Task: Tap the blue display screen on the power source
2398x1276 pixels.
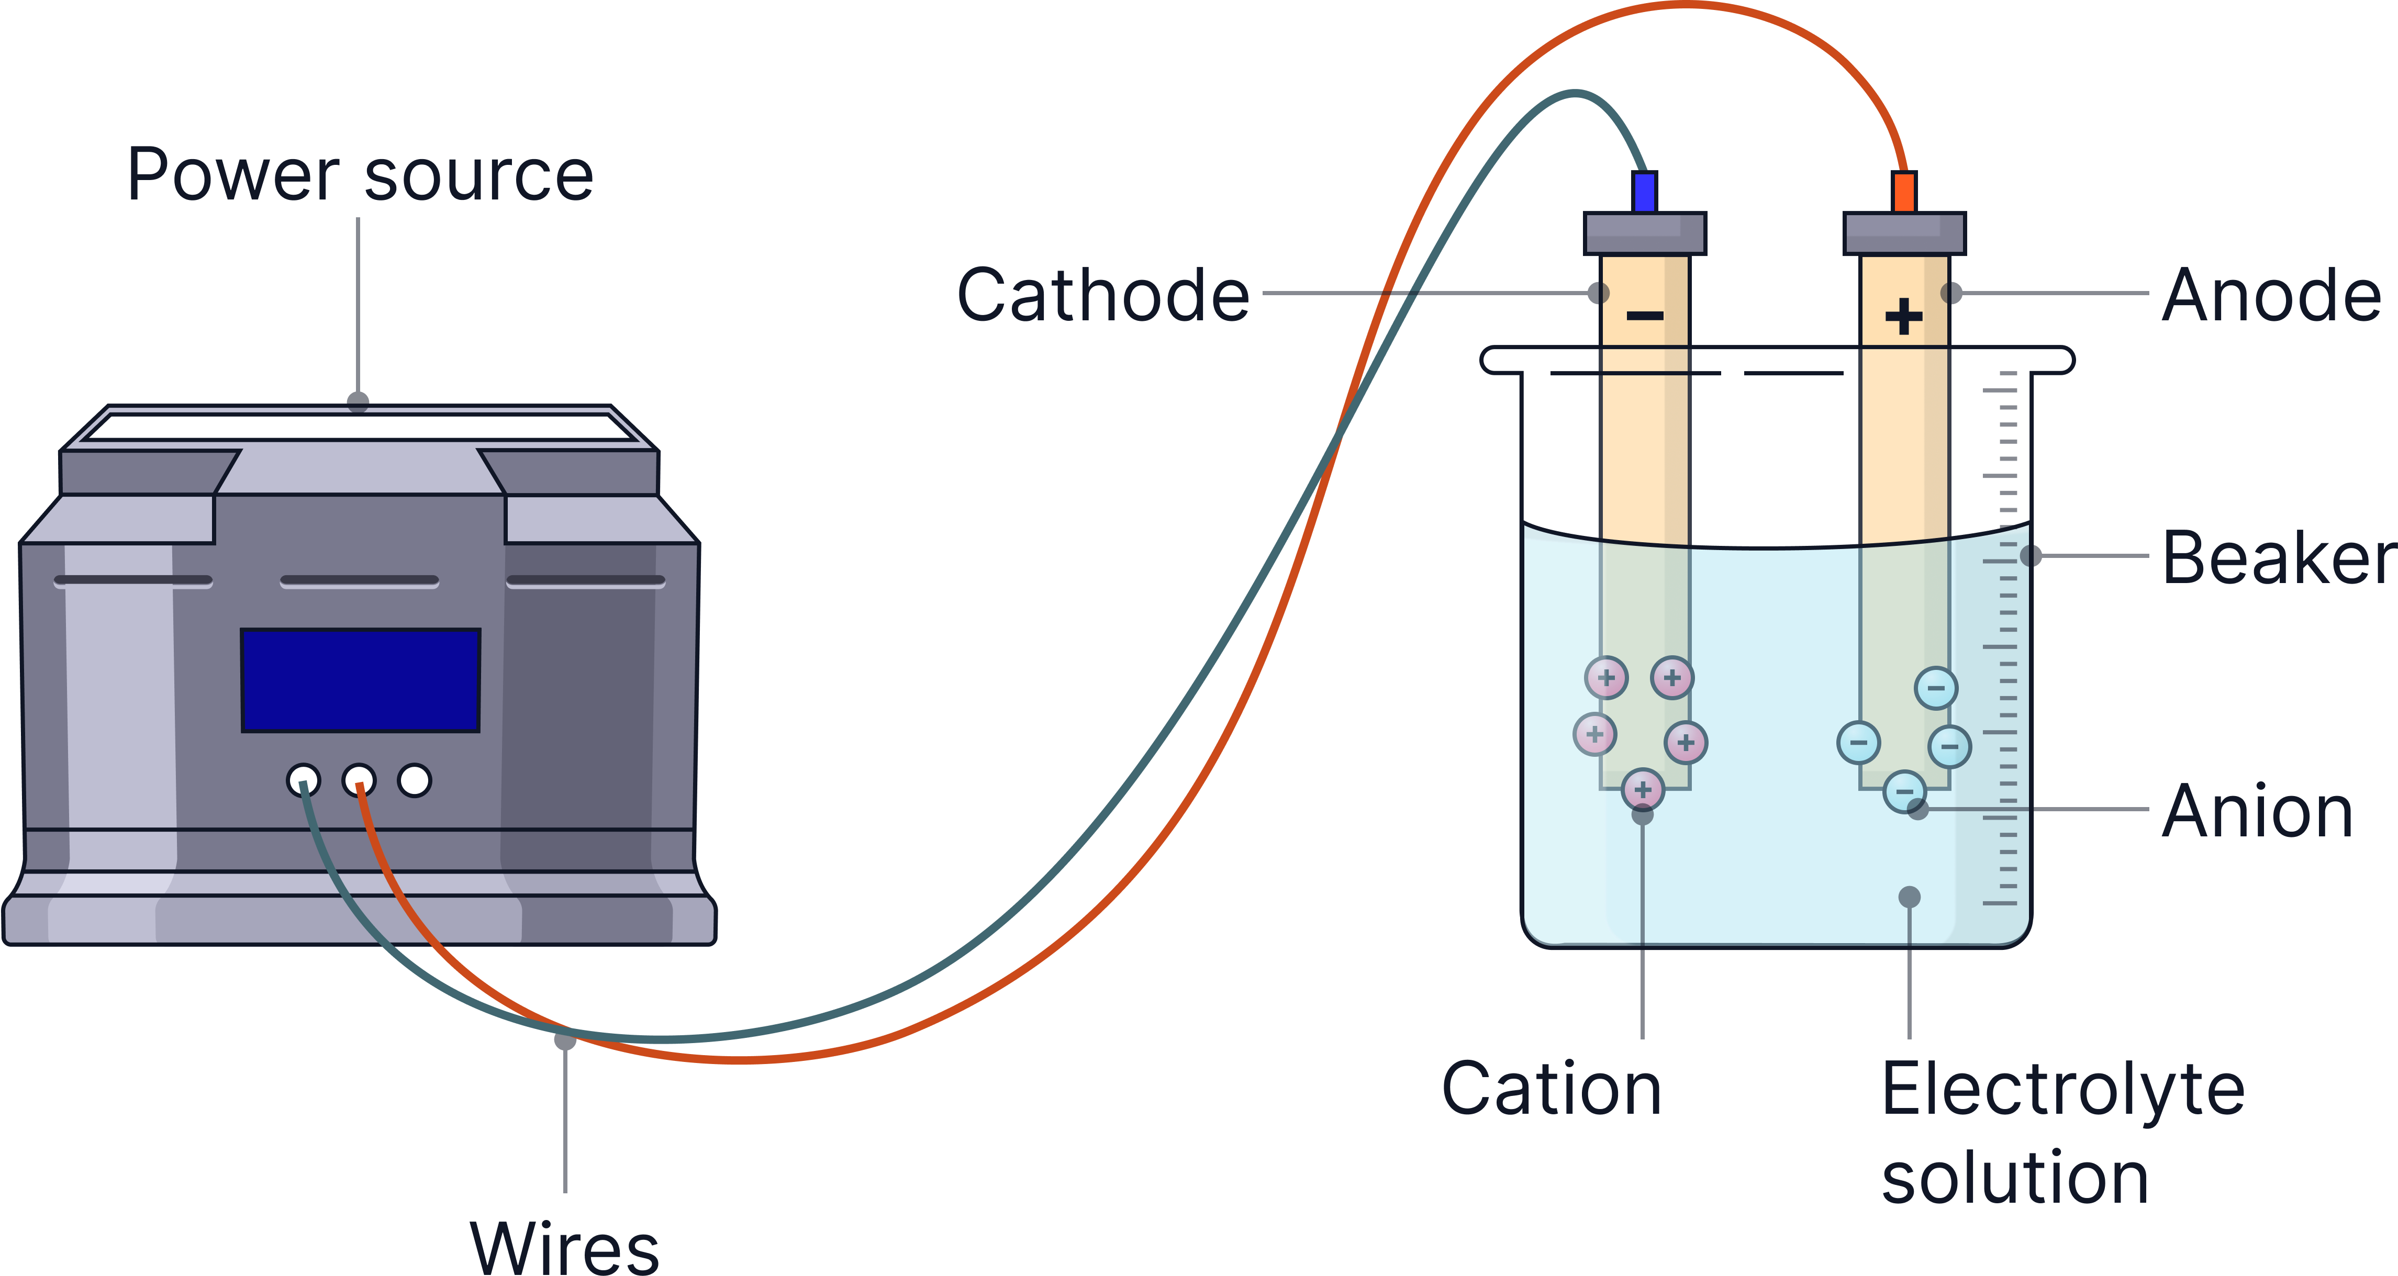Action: tap(360, 680)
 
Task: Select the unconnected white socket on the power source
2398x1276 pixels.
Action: tap(414, 780)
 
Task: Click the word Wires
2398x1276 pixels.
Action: tap(565, 1247)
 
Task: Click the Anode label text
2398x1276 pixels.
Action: tap(2271, 295)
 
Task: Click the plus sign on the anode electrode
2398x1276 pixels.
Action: tap(1904, 317)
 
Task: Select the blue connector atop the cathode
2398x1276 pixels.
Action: tap(1645, 192)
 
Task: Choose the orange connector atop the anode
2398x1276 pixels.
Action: tap(1904, 192)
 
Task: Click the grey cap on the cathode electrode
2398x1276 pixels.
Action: tap(1645, 233)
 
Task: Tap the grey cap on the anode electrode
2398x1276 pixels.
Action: tap(1904, 233)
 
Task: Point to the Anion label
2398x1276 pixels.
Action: tap(2257, 811)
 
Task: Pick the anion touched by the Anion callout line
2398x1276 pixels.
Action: tap(1904, 792)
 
